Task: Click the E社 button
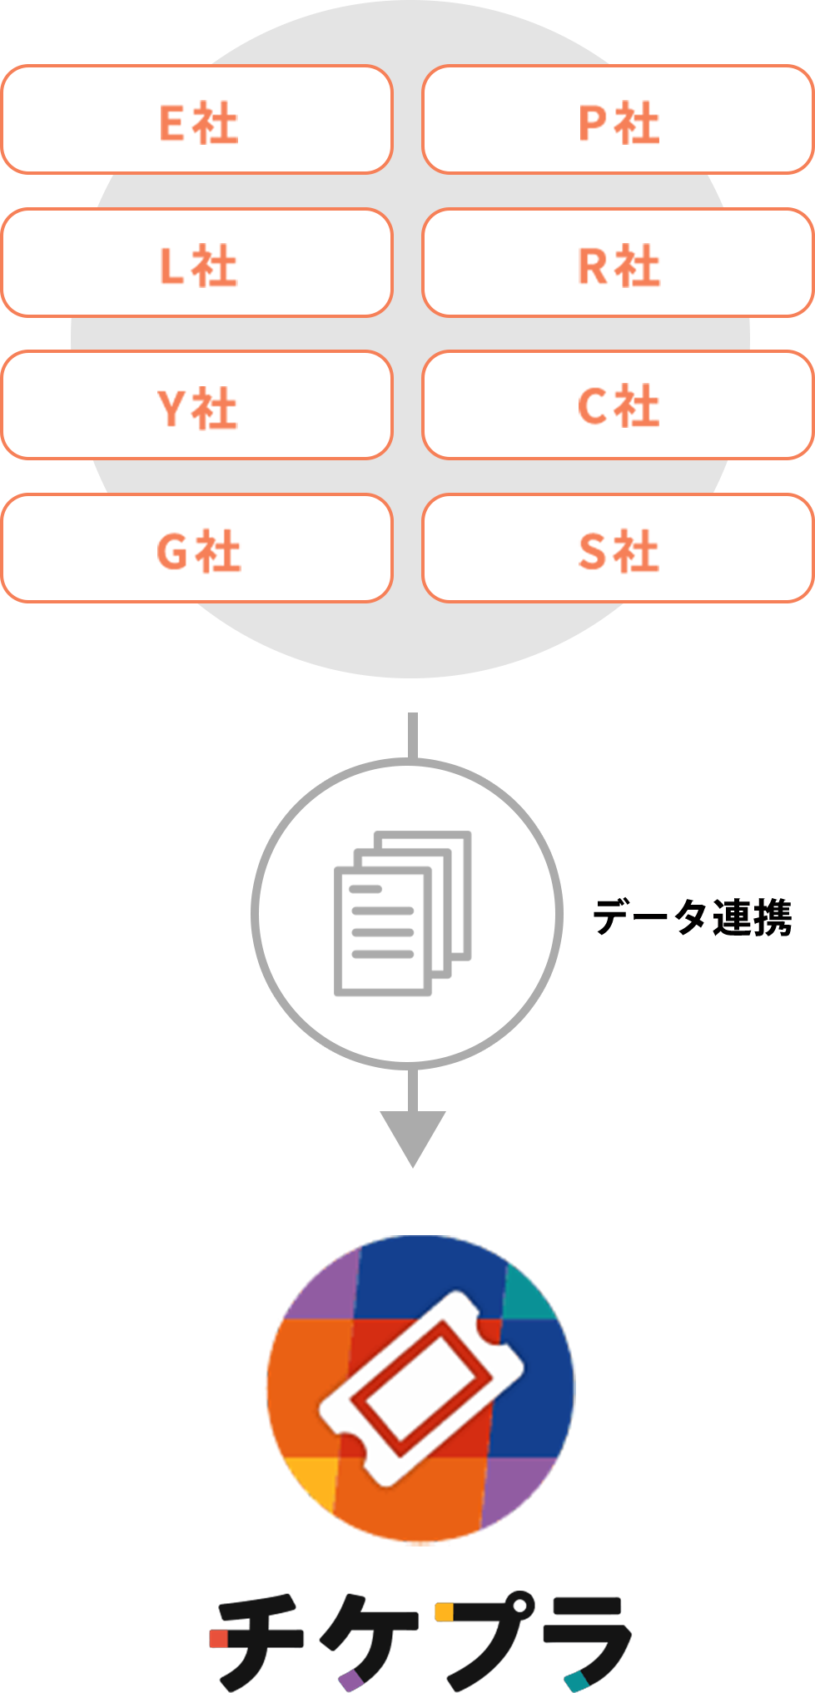(x=197, y=120)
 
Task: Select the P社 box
(x=618, y=120)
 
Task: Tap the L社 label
(x=197, y=263)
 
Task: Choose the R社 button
(x=618, y=263)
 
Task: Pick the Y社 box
(x=197, y=405)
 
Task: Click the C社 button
(x=618, y=405)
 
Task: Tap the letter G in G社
(x=172, y=551)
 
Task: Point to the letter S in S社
(x=592, y=551)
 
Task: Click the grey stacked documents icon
(x=403, y=912)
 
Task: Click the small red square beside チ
(x=219, y=1638)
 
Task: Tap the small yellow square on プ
(x=444, y=1611)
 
